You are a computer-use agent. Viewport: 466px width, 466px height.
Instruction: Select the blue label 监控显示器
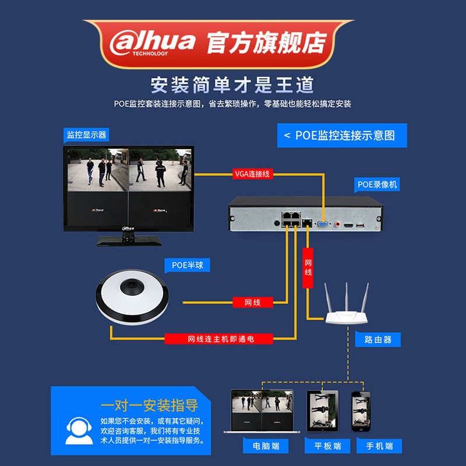pos(86,135)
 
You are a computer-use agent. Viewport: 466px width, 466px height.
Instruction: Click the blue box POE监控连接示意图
pos(341,135)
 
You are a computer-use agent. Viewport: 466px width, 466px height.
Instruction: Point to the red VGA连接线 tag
pos(252,174)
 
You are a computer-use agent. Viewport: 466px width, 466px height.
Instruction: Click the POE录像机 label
pos(377,185)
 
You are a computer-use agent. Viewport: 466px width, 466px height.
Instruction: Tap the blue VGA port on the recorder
pos(322,223)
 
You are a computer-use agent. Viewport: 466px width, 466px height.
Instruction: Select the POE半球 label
pos(187,266)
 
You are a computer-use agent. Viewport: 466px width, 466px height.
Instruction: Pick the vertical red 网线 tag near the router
pos(308,268)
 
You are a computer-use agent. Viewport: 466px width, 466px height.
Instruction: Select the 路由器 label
pos(377,340)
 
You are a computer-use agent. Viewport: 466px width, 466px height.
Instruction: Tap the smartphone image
pos(361,411)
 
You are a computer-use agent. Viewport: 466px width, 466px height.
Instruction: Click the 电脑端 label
pos(266,446)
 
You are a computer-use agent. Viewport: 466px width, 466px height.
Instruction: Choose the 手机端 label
pos(379,446)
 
